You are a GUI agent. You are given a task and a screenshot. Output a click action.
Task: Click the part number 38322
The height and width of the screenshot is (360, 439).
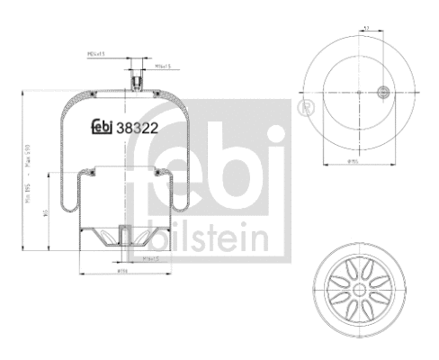(x=137, y=129)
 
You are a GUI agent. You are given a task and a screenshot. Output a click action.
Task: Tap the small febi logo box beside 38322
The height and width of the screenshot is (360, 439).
(x=102, y=129)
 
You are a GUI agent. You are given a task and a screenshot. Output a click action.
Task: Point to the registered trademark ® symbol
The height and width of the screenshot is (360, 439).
(x=304, y=108)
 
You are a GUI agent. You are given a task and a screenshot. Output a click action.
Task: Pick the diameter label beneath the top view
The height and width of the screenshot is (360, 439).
(x=357, y=165)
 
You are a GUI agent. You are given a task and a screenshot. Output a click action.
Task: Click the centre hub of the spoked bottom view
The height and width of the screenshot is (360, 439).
(x=358, y=289)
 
